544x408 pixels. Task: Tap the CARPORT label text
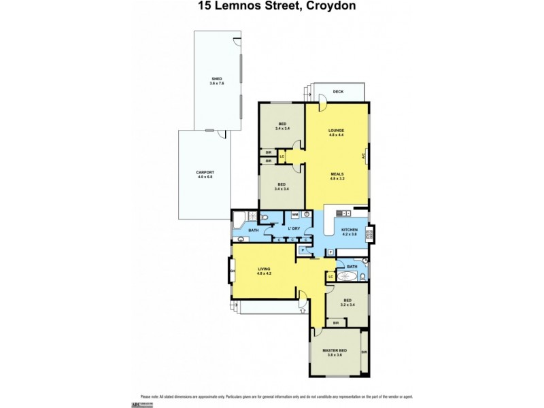(205, 172)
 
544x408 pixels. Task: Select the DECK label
(337, 92)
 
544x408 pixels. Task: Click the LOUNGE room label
(336, 130)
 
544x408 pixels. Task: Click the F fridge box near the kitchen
(330, 253)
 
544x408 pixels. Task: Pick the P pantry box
(302, 250)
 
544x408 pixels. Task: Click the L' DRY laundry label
(294, 228)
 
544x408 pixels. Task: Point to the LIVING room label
(264, 269)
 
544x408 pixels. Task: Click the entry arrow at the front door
(302, 311)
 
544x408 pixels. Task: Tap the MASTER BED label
(339, 350)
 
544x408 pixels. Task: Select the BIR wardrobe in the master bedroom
(364, 352)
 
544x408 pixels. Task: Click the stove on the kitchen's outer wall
(370, 235)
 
